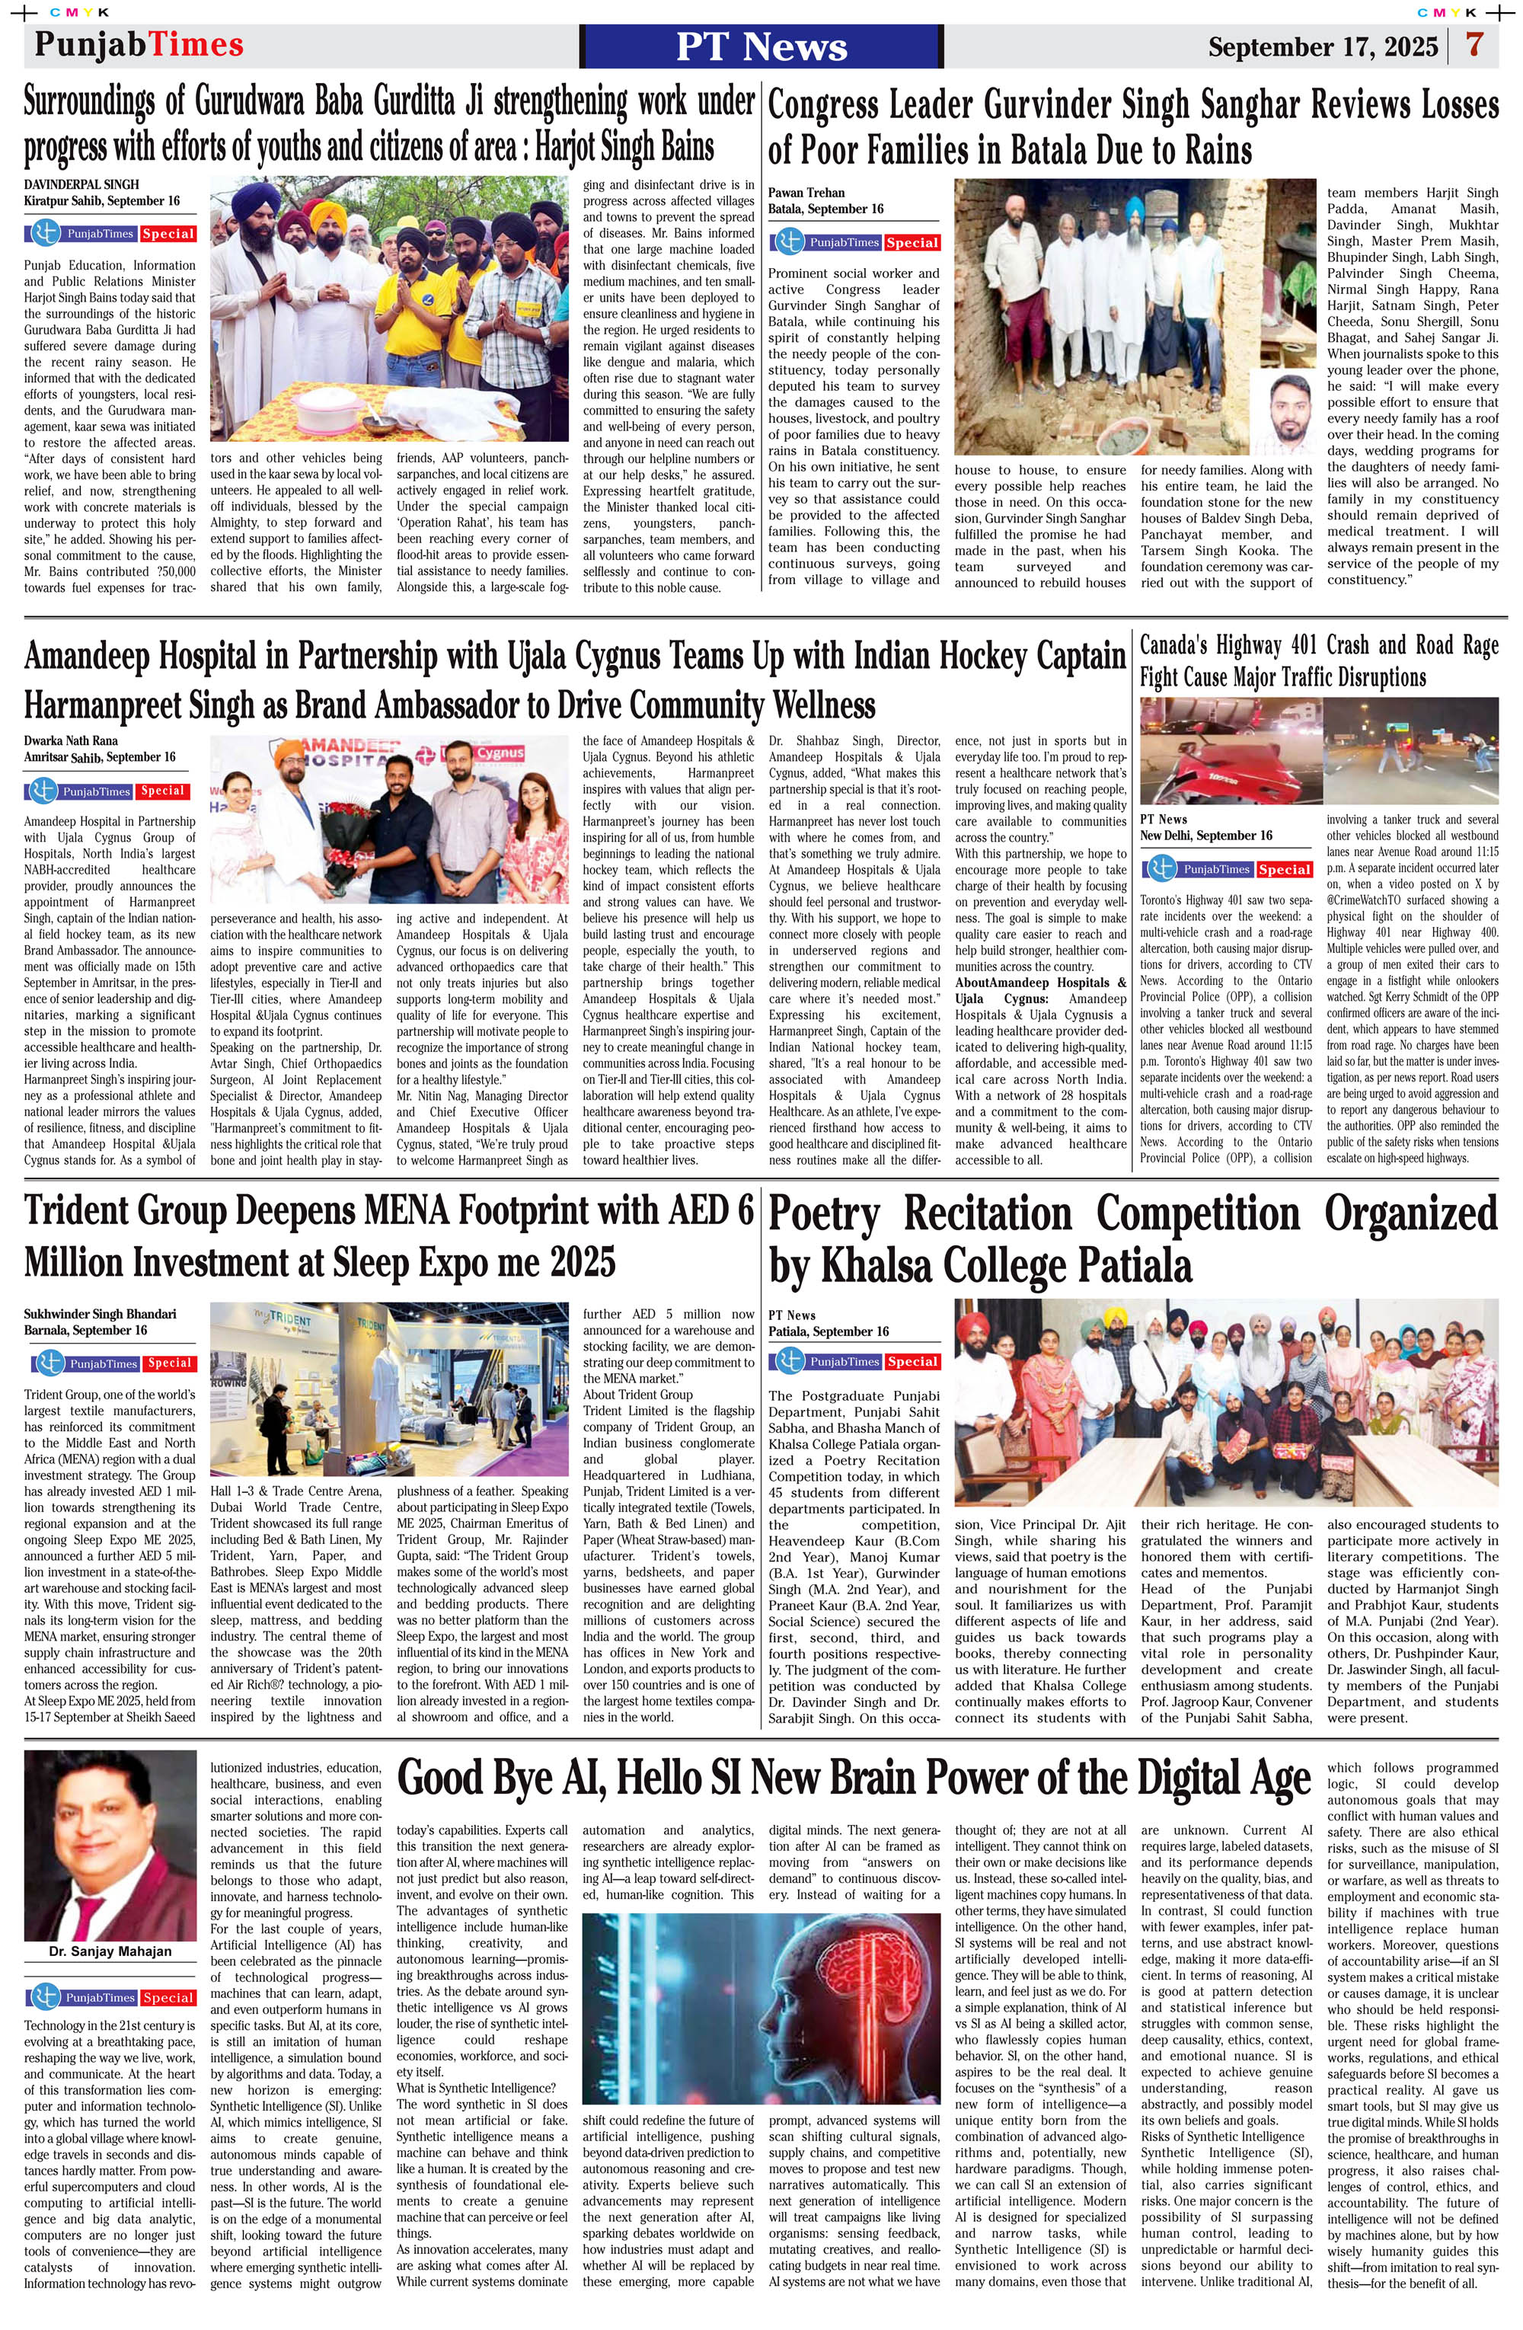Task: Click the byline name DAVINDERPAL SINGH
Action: coord(81,184)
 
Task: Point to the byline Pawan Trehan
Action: coord(806,193)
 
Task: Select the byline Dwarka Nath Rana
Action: coord(71,741)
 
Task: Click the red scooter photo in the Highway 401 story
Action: coord(1228,750)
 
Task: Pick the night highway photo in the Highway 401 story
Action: coord(1410,750)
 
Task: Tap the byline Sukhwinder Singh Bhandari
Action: coord(100,1314)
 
